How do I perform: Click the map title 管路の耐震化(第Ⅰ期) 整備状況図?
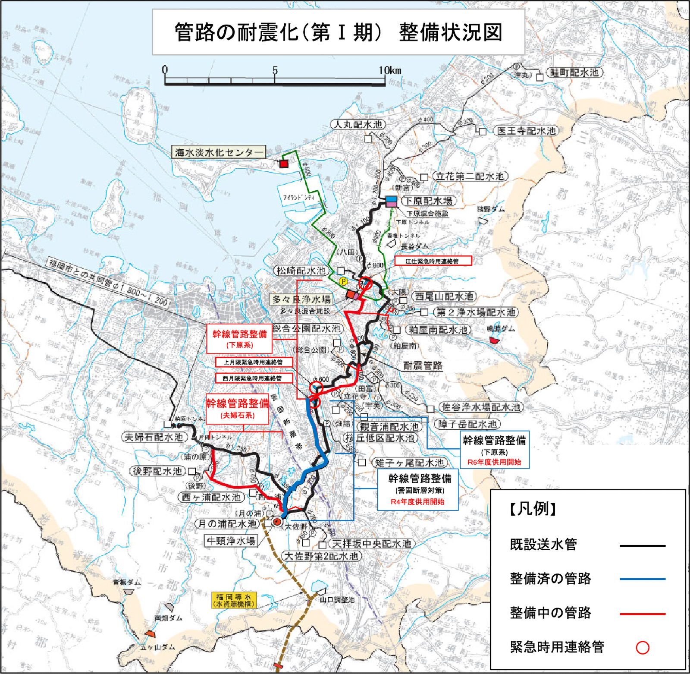pos(338,32)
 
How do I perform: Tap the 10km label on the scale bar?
pos(390,70)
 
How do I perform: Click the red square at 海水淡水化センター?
pos(283,164)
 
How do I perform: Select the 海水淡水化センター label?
pos(219,152)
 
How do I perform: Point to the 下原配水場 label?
pos(428,201)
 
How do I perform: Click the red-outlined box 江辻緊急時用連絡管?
pos(433,261)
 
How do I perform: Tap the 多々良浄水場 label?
pos(301,299)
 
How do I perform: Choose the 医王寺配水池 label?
pos(526,131)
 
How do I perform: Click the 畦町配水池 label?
pos(574,72)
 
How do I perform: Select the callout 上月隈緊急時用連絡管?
pos(254,362)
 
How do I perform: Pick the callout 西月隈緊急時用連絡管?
pos(254,378)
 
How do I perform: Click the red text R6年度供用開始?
pos(494,462)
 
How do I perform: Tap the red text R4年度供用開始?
pos(417,502)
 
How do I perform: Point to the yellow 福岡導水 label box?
pos(234,600)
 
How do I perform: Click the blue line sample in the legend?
pos(642,579)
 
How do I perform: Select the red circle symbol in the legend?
pos(642,648)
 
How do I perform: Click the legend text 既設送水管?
pos(543,545)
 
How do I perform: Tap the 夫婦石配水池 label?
pos(154,437)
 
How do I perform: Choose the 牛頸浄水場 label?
pos(231,541)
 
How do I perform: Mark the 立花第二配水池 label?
pos(470,176)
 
